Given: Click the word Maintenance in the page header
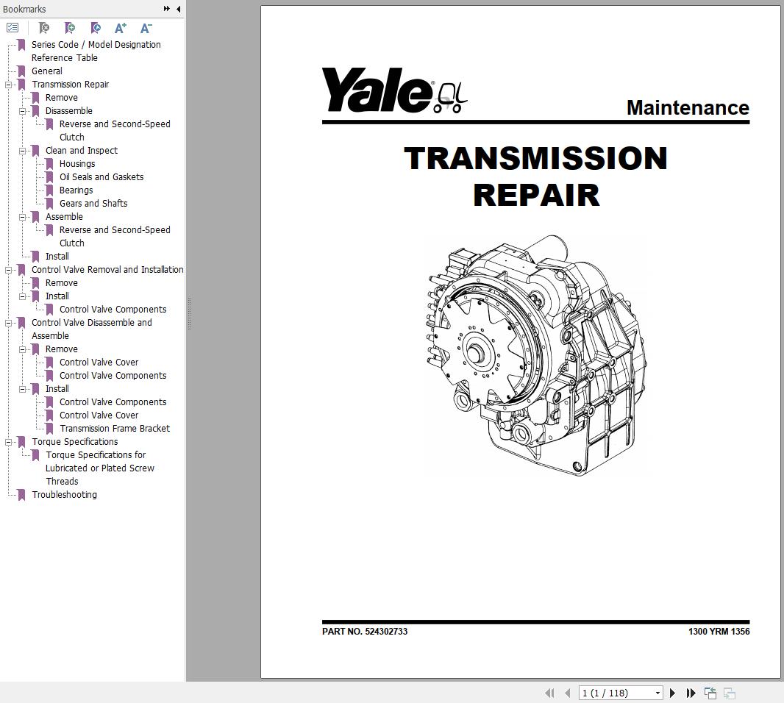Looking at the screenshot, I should click(687, 107).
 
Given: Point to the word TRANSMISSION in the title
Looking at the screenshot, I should click(535, 159).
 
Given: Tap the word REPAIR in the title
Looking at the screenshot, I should click(535, 195).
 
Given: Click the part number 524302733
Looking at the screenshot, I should click(386, 632).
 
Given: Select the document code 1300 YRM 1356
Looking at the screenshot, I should click(719, 632).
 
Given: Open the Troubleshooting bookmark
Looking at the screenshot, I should click(64, 495).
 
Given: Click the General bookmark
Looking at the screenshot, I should click(46, 71).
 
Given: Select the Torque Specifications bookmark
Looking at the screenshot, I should click(74, 442).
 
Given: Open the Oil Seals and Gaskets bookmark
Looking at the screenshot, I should click(101, 177).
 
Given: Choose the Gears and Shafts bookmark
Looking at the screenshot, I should click(93, 204).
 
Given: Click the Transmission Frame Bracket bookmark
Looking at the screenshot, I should click(115, 429).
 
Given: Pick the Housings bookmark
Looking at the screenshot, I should click(77, 164).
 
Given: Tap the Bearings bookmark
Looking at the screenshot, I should click(76, 190).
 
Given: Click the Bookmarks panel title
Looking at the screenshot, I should click(24, 9).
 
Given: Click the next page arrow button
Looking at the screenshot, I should click(672, 693).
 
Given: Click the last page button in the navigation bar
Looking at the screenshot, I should click(691, 693).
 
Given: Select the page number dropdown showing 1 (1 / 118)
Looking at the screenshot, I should click(621, 693).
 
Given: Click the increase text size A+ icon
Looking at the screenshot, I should click(121, 28).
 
